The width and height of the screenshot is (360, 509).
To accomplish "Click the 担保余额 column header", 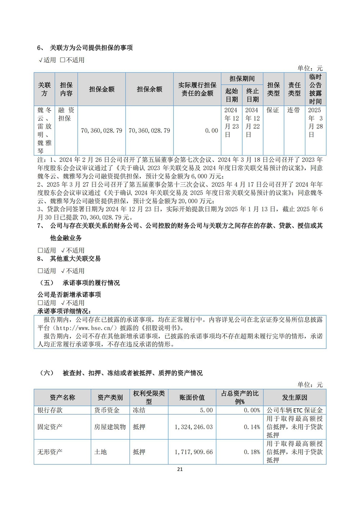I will tap(149, 89).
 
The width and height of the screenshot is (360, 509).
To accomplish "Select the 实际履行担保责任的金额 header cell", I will tap(197, 89).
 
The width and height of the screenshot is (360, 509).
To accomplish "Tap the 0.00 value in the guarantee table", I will tap(212, 131).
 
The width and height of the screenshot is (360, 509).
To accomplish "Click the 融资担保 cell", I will tap(66, 114).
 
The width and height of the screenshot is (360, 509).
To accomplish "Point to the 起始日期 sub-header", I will tap(231, 95).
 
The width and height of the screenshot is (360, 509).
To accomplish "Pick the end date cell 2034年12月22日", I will tap(252, 122).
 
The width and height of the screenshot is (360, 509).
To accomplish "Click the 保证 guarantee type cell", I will tap(273, 110).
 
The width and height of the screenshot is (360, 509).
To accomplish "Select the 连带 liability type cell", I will tap(294, 110).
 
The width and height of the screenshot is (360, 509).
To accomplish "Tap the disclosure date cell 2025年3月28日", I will tap(315, 122).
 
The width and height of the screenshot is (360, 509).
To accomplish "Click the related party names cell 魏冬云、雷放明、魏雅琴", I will tap(45, 130).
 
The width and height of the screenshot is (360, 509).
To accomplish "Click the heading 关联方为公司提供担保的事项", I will tap(91, 48).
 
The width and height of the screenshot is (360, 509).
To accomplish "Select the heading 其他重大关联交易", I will tap(75, 258).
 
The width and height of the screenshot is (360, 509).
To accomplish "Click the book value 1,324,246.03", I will tap(194, 427).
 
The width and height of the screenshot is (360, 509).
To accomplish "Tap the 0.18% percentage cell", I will tap(252, 452).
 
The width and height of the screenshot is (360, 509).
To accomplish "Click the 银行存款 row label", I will tap(50, 410).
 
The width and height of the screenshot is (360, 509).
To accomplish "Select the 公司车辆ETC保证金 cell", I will tap(294, 410).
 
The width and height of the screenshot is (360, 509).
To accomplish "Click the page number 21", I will tap(180, 469).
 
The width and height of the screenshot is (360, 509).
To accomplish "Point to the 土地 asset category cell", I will tap(100, 452).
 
